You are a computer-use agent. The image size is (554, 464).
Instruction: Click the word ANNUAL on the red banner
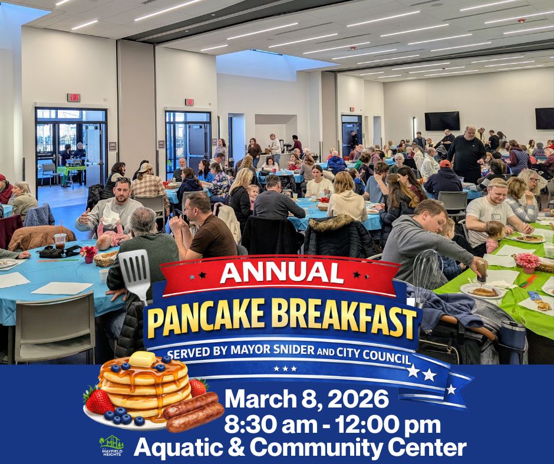click(282, 273)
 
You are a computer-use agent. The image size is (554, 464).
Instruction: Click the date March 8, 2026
click(306, 400)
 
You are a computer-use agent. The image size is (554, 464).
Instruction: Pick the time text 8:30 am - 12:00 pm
click(332, 425)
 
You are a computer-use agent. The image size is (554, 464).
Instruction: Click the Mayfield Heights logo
click(111, 445)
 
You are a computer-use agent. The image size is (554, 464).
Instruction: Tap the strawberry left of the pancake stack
click(98, 400)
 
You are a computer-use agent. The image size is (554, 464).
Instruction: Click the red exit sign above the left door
click(73, 97)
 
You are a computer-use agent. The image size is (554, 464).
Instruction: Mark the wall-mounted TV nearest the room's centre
click(442, 121)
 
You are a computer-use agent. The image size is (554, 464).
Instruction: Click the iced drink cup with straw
click(60, 238)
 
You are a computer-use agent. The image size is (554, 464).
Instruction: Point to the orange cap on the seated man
click(445, 164)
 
